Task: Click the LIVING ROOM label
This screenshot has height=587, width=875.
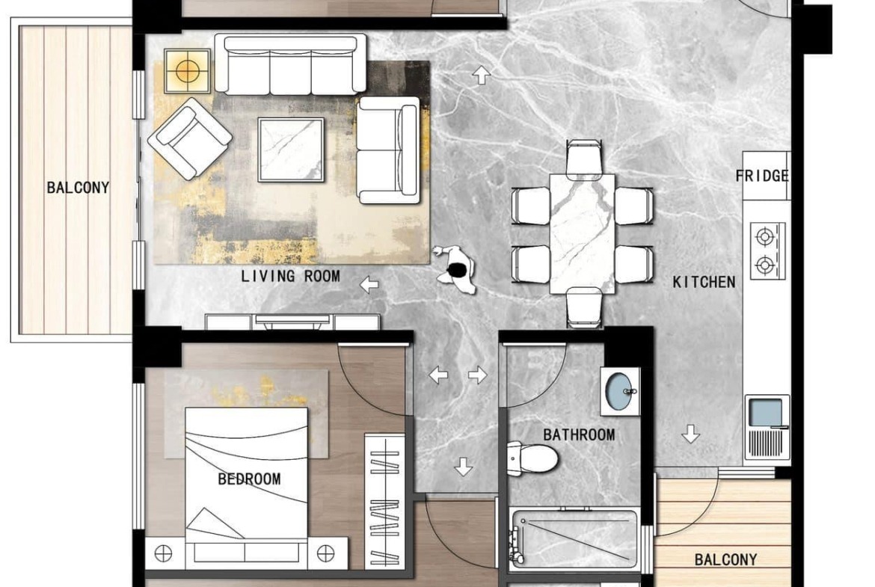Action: [290, 276]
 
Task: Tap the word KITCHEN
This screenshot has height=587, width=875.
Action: [704, 283]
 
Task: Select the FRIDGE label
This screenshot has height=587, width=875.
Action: [762, 176]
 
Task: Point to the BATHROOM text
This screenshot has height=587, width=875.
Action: [579, 434]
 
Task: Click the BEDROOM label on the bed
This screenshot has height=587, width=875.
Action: [249, 479]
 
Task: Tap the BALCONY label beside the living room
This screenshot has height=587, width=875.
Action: [78, 188]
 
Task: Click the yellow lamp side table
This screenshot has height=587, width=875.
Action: [188, 71]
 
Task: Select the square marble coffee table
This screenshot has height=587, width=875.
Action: [291, 150]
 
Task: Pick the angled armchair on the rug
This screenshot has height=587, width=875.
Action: [190, 138]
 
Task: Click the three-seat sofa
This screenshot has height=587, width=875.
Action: [291, 64]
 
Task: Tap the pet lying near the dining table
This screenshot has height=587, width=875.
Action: [455, 269]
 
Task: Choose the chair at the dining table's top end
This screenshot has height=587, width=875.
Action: [583, 157]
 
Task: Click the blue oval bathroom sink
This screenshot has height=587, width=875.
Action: [619, 391]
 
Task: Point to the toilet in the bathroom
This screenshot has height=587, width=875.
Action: [532, 458]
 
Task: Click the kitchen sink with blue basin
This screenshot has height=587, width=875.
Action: [767, 428]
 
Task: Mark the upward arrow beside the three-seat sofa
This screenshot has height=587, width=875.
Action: [481, 75]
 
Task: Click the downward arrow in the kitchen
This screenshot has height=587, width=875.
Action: [691, 434]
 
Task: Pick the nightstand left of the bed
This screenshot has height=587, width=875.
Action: [165, 553]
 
